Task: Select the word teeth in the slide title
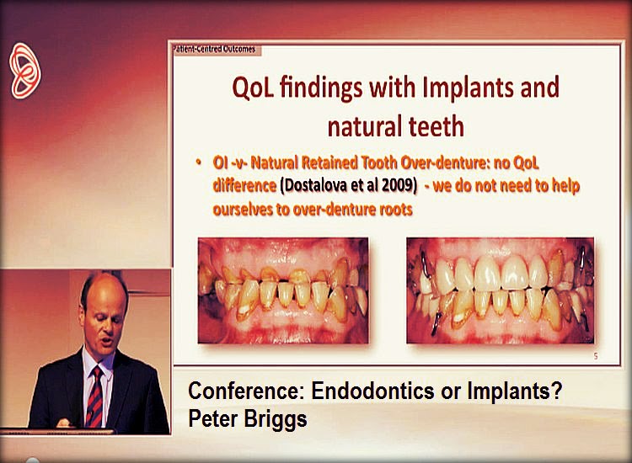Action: click(x=432, y=126)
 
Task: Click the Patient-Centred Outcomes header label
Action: click(x=213, y=49)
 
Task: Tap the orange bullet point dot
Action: click(x=198, y=162)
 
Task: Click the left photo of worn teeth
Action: click(x=282, y=290)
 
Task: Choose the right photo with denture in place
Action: click(x=500, y=290)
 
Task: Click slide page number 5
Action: click(x=596, y=358)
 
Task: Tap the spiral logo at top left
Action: click(x=25, y=72)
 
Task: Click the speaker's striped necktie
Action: click(x=94, y=395)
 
